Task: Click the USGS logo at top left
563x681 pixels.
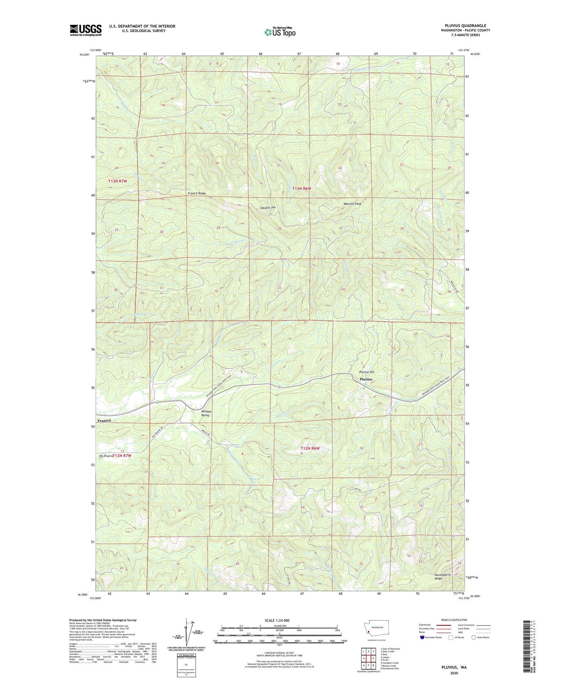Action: [86, 30]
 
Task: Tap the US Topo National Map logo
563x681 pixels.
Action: [280, 32]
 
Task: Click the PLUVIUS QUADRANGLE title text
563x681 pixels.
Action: [465, 26]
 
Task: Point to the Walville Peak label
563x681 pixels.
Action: [352, 204]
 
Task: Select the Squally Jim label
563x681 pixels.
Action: [268, 208]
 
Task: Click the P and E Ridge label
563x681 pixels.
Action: [197, 193]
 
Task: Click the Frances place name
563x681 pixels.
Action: [104, 421]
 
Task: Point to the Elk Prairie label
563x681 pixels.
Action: [106, 456]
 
